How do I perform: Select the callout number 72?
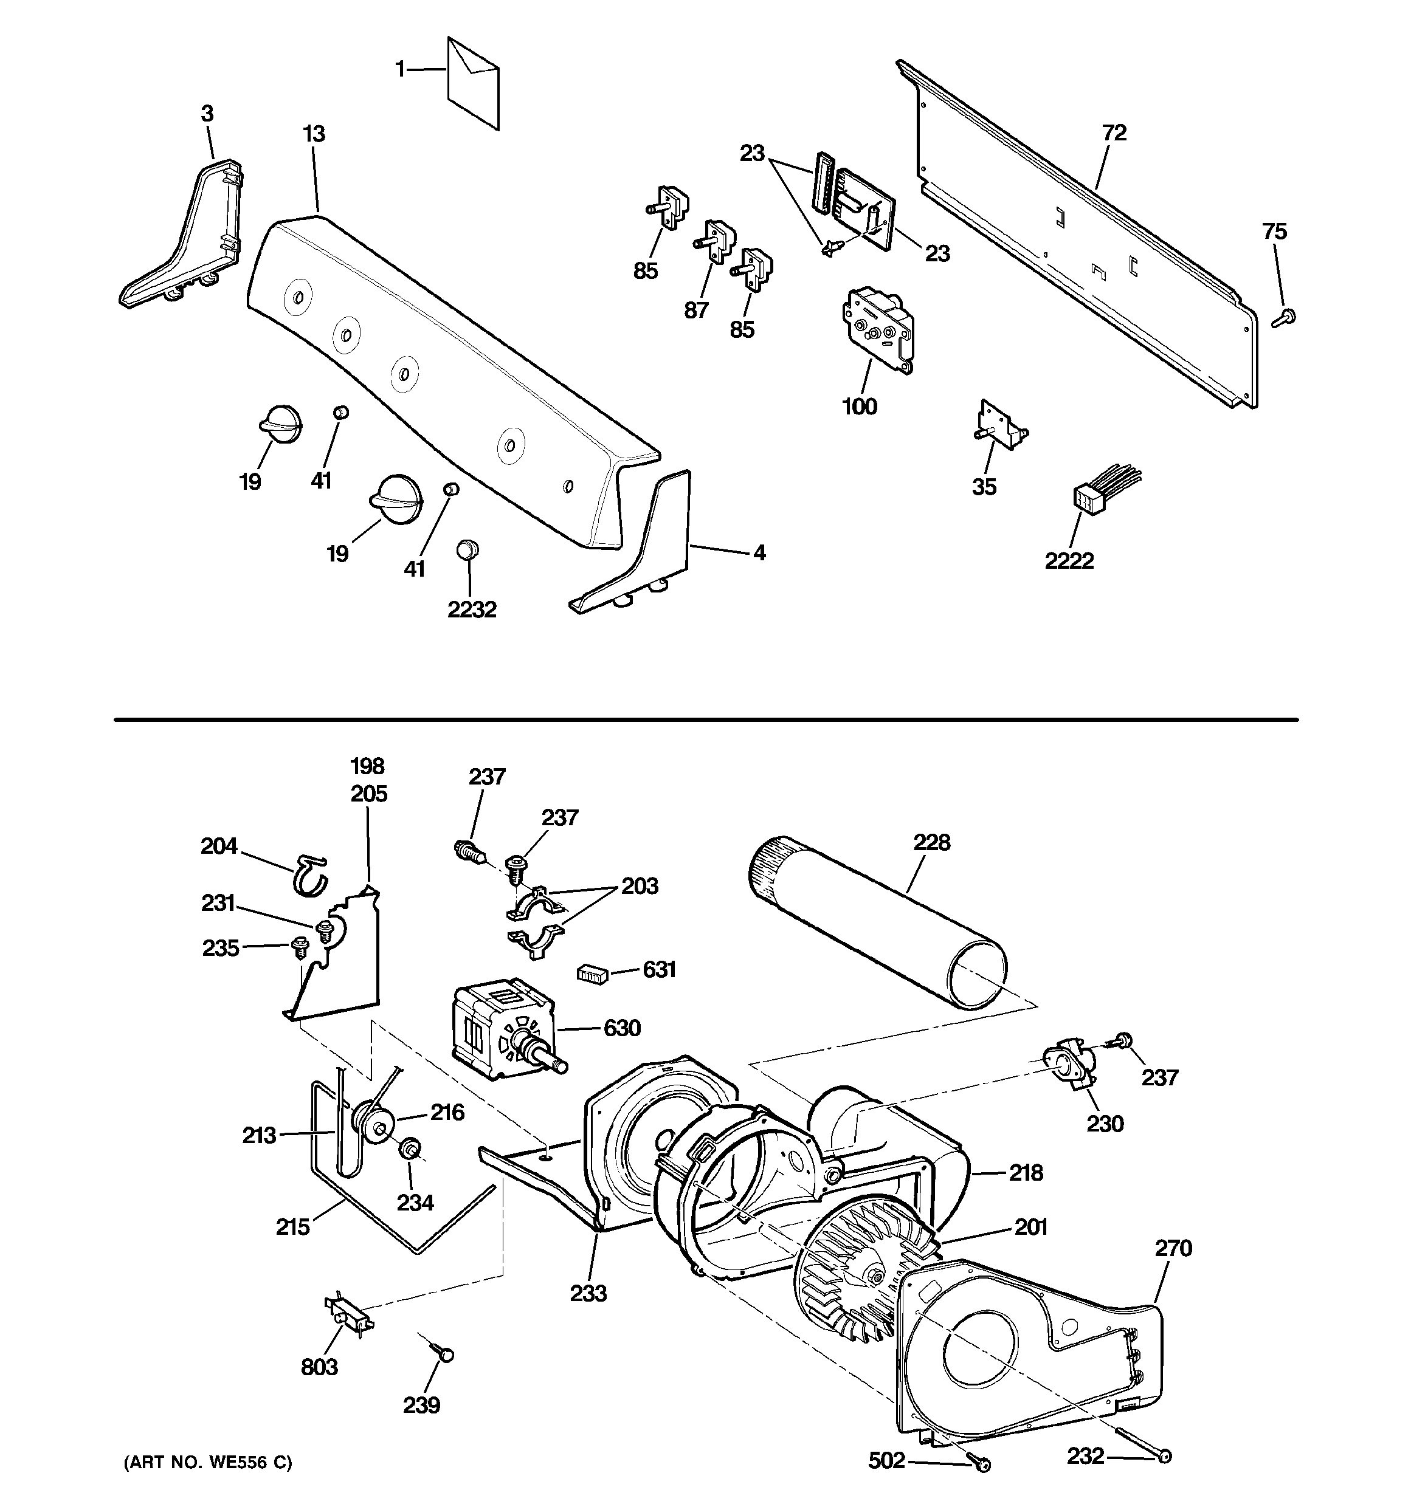(1114, 134)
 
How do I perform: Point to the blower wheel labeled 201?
(859, 1271)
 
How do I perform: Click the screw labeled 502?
(982, 1466)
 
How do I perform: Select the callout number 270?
(1173, 1248)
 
